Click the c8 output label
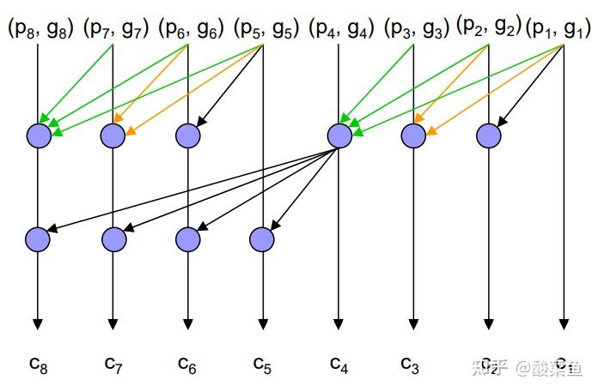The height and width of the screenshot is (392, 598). coord(38,364)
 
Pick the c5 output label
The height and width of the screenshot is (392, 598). coord(263,364)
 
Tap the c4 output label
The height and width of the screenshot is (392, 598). coord(339,364)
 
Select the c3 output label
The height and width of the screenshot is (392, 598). coord(412,364)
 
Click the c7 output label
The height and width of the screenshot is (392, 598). coord(113,364)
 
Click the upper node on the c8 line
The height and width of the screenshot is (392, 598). coord(39,135)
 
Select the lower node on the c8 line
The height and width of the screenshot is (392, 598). coord(39,237)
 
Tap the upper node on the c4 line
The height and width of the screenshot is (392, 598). coord(339,135)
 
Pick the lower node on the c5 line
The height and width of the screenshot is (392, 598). coord(263,237)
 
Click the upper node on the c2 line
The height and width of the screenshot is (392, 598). coord(489,135)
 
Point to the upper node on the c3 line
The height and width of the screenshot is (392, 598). coord(413,135)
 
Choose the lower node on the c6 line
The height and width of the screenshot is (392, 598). coord(188,237)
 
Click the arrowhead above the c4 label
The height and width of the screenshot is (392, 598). coord(339,324)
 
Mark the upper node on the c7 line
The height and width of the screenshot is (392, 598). coord(113,135)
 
